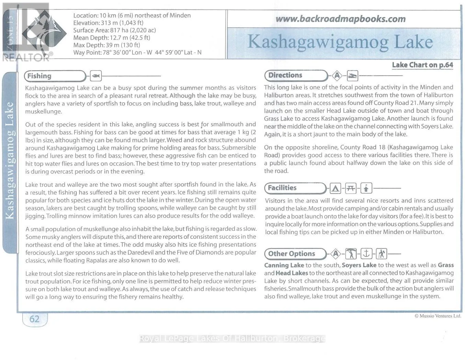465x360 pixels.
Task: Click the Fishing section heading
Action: click(x=39, y=76)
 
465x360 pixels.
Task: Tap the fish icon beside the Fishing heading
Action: click(x=96, y=76)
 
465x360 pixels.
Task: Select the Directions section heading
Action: click(x=285, y=75)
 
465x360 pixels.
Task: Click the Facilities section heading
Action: click(x=282, y=188)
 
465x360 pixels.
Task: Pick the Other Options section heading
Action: click(x=291, y=254)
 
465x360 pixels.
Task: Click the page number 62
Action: click(x=34, y=319)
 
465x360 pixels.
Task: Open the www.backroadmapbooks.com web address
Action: click(x=340, y=19)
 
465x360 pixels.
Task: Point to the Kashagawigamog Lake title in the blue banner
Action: click(x=340, y=42)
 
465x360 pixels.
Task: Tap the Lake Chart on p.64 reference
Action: click(x=422, y=65)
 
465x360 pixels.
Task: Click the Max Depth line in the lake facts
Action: click(x=106, y=45)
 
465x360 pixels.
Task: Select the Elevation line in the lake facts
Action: click(x=108, y=23)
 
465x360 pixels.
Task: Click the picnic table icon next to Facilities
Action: click(x=351, y=188)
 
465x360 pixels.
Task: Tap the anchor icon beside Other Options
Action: click(x=366, y=254)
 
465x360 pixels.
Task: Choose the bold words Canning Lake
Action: click(x=284, y=265)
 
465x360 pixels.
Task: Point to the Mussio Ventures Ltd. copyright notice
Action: click(x=438, y=316)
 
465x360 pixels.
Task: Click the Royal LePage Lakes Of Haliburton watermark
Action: click(x=232, y=339)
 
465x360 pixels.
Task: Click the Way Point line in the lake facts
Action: click(x=137, y=53)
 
